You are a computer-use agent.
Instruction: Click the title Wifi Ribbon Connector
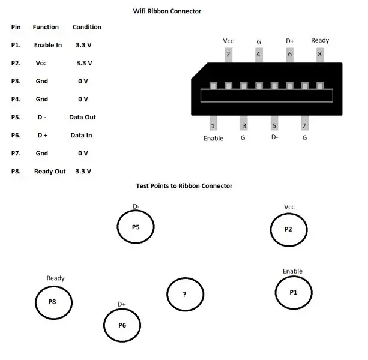[x=167, y=11]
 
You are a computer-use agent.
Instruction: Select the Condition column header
[x=87, y=27]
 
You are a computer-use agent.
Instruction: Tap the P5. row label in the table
[x=16, y=117]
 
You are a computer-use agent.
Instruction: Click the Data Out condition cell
[x=82, y=117]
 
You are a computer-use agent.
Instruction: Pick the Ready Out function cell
[x=50, y=171]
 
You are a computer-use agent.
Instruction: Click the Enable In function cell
[x=48, y=45]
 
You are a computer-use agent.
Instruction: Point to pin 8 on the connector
[x=320, y=55]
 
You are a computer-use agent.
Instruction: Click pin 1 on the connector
[x=213, y=123]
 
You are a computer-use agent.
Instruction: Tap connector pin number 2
[x=228, y=55]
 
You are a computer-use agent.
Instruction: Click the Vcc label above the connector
[x=228, y=41]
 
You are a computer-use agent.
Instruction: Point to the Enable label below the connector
[x=213, y=139]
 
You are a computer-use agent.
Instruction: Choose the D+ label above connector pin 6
[x=290, y=41]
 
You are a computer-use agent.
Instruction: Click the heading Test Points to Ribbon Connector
[x=184, y=186]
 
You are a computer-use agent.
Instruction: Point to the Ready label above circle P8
[x=55, y=278]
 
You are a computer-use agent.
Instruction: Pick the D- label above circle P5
[x=136, y=206]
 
